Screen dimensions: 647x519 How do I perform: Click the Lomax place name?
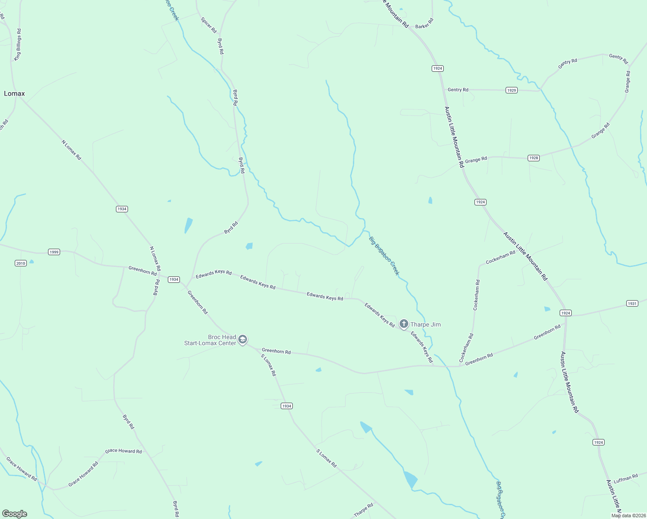14,93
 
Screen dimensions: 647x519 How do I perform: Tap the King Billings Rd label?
18,45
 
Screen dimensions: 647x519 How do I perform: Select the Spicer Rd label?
208,25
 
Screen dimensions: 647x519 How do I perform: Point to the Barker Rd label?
424,24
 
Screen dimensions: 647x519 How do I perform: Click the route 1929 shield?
512,90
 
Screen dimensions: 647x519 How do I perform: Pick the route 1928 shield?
534,158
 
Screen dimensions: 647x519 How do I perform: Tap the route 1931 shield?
632,304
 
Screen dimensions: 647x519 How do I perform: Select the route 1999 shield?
54,252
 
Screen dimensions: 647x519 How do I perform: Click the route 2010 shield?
21,263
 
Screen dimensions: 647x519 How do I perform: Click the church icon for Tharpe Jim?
404,324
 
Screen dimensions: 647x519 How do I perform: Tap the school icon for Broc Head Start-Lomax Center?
243,339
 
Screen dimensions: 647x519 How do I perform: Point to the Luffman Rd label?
625,479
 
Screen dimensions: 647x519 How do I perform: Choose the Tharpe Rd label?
363,510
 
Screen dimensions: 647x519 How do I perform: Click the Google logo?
15,514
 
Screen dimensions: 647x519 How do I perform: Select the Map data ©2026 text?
628,516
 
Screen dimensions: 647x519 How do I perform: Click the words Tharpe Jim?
426,324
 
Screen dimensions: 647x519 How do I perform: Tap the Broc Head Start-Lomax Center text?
210,340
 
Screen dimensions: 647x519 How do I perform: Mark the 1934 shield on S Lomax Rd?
287,406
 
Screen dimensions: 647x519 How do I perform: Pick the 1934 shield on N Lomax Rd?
122,209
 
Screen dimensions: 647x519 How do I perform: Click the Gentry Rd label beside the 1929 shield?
458,90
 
